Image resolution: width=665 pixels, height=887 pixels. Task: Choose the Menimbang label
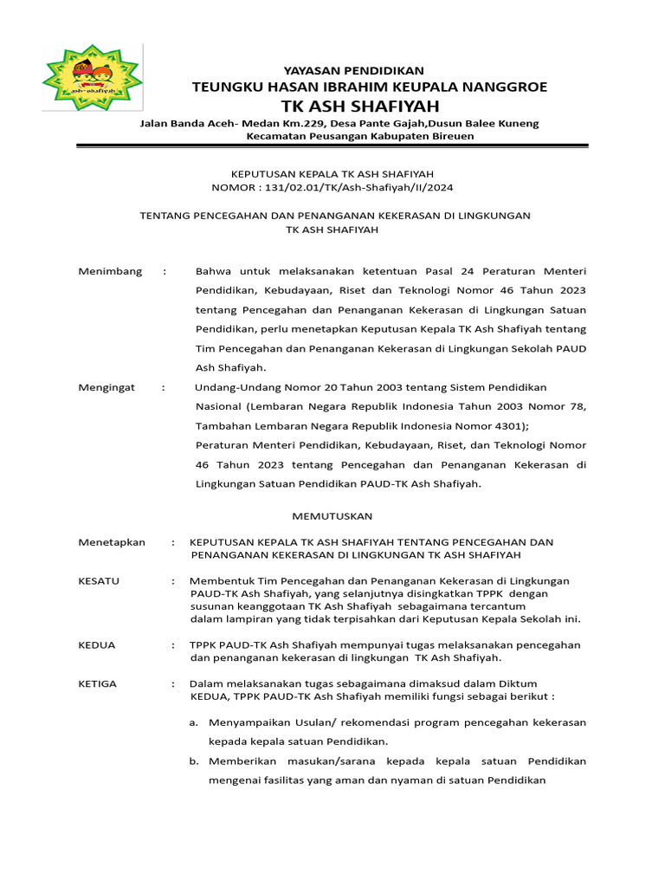(110, 271)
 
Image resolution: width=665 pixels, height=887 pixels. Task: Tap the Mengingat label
(107, 387)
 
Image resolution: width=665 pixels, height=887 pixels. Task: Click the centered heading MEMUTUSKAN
(332, 515)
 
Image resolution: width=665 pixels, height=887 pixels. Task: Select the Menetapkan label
(112, 542)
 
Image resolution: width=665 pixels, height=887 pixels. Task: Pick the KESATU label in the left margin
(99, 580)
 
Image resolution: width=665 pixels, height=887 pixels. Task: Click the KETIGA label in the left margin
(98, 683)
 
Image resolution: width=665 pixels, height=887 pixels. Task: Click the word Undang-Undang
(232, 387)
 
